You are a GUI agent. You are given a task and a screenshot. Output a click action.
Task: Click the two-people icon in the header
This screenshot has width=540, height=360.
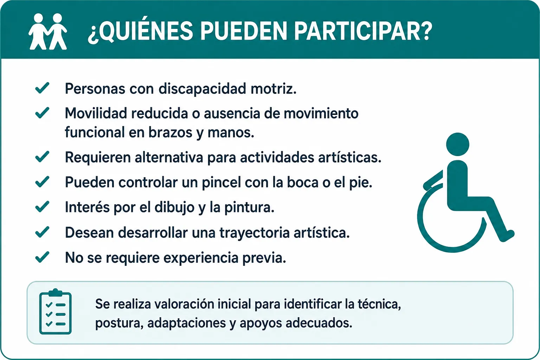click(48, 32)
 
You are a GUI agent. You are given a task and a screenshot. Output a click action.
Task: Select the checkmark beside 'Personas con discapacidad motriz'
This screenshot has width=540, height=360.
click(42, 88)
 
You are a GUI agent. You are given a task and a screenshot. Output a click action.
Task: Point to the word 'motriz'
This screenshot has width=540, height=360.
click(274, 89)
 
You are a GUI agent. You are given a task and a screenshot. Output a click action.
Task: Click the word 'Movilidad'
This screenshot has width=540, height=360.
click(96, 113)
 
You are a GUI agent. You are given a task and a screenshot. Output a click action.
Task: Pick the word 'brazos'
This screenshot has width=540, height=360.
click(170, 133)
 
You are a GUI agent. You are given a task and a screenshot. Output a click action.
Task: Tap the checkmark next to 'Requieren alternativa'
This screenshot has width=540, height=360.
click(42, 156)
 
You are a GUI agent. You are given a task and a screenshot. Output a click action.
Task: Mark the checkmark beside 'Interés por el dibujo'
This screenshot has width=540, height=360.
click(42, 206)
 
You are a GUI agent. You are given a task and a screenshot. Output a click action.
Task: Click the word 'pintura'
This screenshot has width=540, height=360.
click(250, 207)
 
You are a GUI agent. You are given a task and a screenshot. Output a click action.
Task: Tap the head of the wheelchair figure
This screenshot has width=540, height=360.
click(457, 144)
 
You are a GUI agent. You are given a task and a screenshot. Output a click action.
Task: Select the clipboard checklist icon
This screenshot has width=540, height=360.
click(55, 311)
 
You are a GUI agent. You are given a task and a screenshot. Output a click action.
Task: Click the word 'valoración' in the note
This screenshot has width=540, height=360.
click(184, 304)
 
